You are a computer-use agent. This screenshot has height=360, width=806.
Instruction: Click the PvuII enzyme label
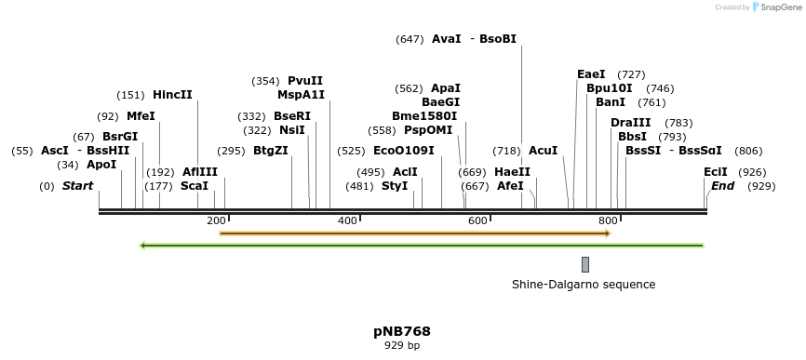coord(305,81)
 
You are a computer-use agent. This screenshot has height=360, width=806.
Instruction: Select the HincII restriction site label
coord(172,95)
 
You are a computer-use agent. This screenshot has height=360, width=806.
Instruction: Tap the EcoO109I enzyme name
coord(403,151)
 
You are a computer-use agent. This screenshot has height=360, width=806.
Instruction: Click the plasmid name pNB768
coord(402,331)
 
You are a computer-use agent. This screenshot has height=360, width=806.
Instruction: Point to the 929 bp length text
coord(402,346)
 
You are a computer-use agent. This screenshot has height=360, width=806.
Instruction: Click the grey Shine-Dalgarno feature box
coord(585,264)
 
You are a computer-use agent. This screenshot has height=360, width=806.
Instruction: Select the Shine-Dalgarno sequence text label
coord(584,285)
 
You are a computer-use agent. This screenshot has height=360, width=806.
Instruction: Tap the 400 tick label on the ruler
coord(347,220)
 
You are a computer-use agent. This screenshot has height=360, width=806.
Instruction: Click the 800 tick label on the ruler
coord(609,220)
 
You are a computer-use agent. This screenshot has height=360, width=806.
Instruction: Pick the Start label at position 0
coord(78,186)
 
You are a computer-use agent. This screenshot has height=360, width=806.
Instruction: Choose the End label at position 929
coord(722,186)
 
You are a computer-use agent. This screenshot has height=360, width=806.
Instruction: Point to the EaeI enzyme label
coord(591,74)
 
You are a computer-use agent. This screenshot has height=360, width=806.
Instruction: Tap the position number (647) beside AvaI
coord(410,39)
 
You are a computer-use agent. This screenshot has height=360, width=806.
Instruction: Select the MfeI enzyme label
coord(141,116)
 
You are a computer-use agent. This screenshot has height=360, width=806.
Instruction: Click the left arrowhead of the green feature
coord(143,246)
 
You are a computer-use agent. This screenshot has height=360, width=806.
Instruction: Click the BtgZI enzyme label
coord(271,151)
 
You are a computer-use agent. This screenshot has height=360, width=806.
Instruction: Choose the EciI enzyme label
coord(716,172)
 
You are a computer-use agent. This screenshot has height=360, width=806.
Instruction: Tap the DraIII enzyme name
coord(631,123)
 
